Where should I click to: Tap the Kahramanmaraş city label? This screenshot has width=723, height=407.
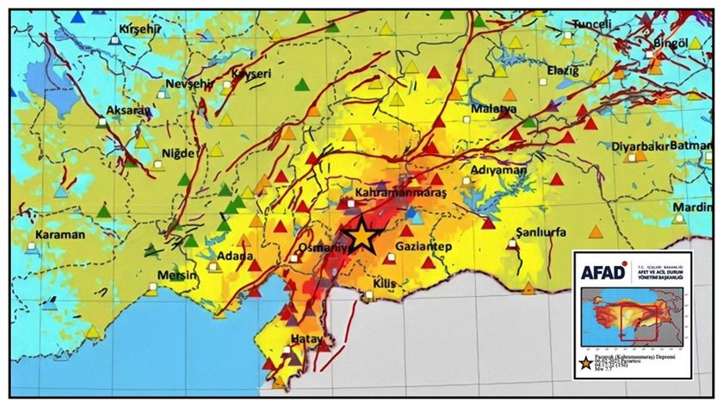pyautogui.click(x=401, y=194)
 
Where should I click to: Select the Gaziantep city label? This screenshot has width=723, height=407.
pyautogui.click(x=423, y=247)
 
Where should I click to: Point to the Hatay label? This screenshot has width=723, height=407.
pyautogui.click(x=306, y=339)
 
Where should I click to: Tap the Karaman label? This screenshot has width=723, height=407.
pyautogui.click(x=59, y=234)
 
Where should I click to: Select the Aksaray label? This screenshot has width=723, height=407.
pyautogui.click(x=127, y=110)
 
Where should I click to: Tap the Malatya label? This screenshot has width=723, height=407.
pyautogui.click(x=493, y=109)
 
